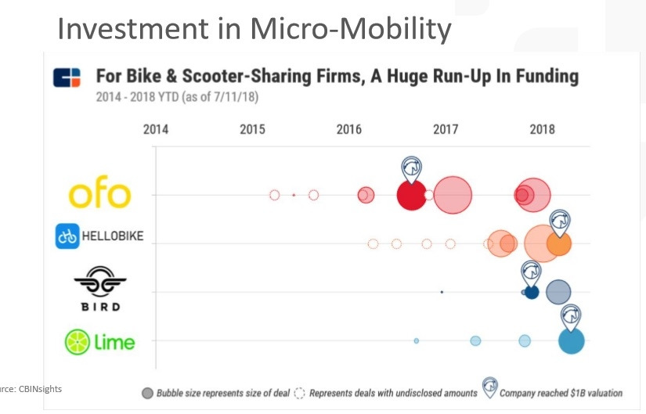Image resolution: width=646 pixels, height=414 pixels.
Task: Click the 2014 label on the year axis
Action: click(x=156, y=129)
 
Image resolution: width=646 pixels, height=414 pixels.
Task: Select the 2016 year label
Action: click(x=349, y=129)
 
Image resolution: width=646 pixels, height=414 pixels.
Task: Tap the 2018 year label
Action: click(x=542, y=129)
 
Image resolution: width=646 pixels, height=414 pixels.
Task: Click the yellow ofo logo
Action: click(x=99, y=194)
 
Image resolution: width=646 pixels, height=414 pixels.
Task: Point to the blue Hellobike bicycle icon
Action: click(x=67, y=236)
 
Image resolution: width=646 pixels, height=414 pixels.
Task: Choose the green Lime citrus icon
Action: click(x=78, y=342)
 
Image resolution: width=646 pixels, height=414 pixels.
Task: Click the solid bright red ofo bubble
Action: click(x=411, y=195)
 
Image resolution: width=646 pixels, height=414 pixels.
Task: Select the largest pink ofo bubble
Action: click(x=453, y=195)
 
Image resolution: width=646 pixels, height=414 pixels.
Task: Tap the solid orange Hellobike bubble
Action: click(x=559, y=243)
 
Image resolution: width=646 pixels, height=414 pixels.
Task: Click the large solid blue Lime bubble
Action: click(x=572, y=341)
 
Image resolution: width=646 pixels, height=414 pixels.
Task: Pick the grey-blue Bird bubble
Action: click(x=558, y=292)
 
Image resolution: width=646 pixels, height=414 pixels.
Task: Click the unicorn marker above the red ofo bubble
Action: click(x=412, y=167)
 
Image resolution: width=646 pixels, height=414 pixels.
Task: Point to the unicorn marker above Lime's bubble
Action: click(x=572, y=315)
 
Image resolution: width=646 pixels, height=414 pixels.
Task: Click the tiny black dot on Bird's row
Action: click(x=442, y=292)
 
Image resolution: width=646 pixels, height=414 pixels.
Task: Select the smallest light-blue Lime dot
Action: click(x=417, y=340)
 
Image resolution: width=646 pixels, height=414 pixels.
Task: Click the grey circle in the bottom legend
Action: click(x=147, y=393)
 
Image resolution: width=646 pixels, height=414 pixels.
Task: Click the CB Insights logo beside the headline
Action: click(x=67, y=78)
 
